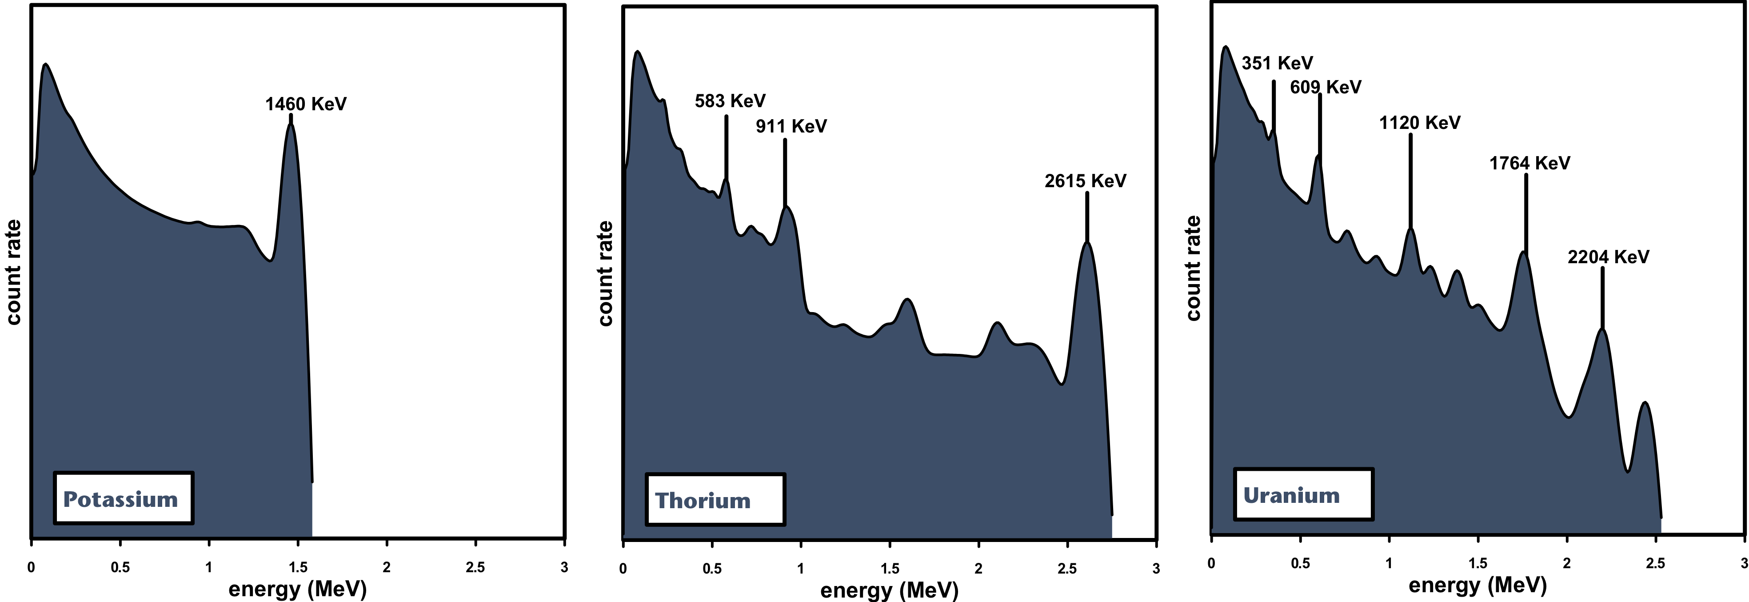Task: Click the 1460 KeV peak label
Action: pos(306,104)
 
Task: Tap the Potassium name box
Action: pos(124,499)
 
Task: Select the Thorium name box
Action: pos(715,500)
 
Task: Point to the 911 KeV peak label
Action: pos(791,126)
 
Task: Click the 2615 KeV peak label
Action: pos(1085,181)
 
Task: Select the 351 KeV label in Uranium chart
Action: pos(1277,63)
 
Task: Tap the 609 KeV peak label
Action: pos(1326,88)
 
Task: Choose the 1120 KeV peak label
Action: pos(1419,123)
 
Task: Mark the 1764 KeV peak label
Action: pos(1529,163)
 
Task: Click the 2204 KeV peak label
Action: pos(1608,257)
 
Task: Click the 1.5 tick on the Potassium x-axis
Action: pos(297,567)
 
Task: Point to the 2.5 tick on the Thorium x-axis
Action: pos(1066,569)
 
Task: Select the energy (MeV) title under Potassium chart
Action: pos(297,588)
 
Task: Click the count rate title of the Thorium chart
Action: pos(605,273)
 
